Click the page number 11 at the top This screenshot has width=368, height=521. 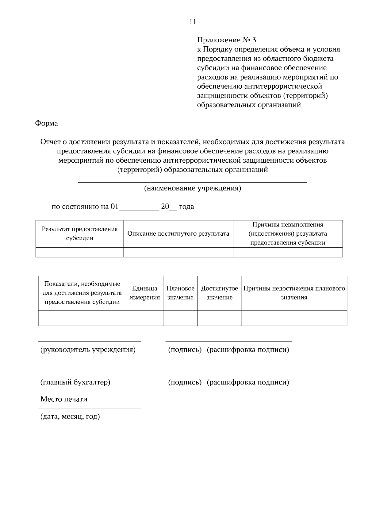[193, 22]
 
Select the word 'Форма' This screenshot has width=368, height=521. [46, 123]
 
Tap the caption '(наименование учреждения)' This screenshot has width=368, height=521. [193, 188]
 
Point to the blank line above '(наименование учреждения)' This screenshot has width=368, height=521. [193, 182]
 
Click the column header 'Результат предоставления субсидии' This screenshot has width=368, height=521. [80, 233]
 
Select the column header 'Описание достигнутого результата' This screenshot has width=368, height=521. [178, 234]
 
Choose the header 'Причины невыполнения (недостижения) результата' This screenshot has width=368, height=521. [288, 233]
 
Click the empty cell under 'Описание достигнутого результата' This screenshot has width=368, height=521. [178, 252]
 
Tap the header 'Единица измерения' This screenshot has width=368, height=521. [144, 293]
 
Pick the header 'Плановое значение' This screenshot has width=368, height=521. [180, 293]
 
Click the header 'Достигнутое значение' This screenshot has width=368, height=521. [219, 293]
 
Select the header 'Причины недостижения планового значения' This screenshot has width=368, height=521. [294, 293]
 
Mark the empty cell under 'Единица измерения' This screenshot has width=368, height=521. [144, 318]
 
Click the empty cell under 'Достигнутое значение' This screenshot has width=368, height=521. [219, 318]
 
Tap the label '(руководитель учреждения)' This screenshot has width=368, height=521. [88, 350]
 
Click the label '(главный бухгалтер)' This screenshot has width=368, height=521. [75, 382]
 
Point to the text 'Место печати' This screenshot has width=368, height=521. [64, 399]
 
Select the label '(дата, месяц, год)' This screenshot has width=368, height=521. [70, 417]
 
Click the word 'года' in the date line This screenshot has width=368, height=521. [186, 206]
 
